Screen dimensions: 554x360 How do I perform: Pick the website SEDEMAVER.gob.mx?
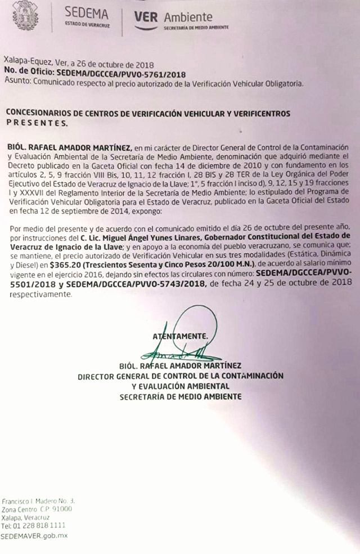(x=34, y=535)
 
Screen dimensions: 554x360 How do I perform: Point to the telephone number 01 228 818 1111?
(x=38, y=525)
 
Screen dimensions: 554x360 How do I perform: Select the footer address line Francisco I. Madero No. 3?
(x=38, y=501)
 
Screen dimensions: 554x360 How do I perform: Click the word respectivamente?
(x=40, y=294)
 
